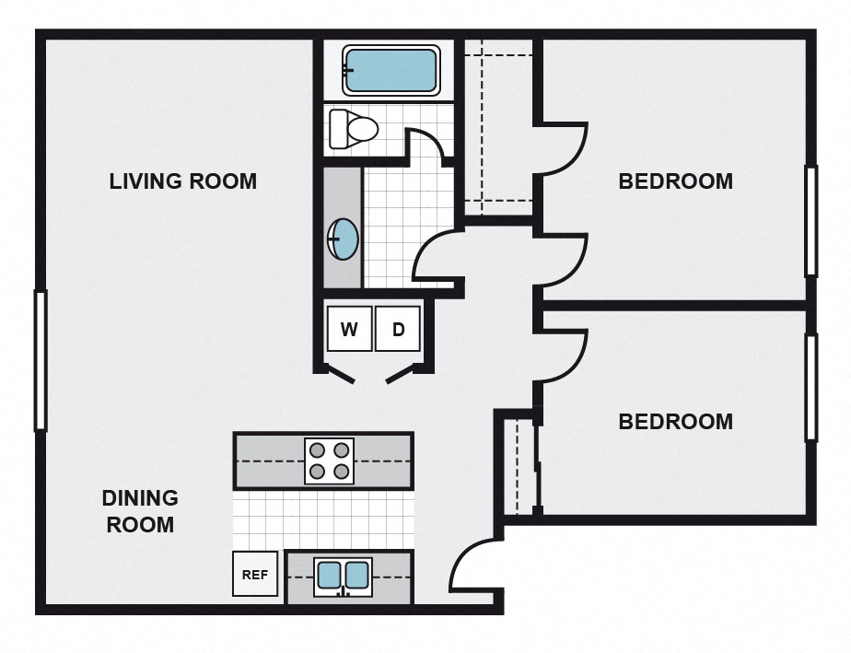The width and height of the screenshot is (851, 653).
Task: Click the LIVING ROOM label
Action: point(182,181)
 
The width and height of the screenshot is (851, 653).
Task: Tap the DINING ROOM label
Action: point(139,511)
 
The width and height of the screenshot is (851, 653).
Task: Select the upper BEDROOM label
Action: point(675,181)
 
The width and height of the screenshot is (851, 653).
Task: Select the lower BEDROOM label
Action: point(675,422)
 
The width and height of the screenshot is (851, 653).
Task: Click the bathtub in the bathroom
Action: point(390,71)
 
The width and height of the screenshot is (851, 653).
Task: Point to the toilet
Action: point(353,128)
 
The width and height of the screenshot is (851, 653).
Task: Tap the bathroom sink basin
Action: point(344,239)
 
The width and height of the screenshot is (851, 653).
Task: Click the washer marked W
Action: point(349,329)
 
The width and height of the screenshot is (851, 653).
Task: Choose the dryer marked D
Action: point(398,329)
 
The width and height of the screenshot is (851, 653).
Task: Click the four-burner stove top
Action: point(329,460)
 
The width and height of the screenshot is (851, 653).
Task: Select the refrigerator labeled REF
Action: point(254,574)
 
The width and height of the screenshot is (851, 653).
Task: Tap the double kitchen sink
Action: point(343,577)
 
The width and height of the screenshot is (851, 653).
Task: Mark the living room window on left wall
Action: point(41,360)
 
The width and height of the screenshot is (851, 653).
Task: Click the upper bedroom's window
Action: point(810,221)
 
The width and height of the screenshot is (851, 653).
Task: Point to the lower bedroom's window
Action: point(810,387)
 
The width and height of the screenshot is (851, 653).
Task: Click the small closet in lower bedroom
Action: point(519,465)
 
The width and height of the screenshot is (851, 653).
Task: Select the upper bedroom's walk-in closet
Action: point(498,129)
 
